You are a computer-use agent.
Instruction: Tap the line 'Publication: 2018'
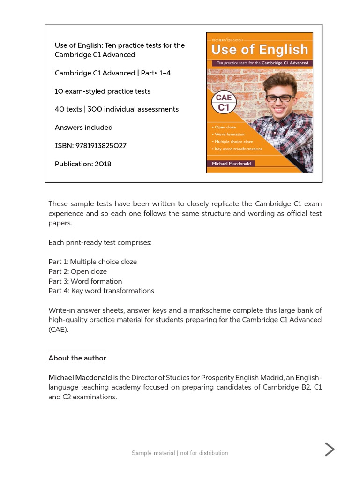tap(83, 164)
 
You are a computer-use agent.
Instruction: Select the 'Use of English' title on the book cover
tap(259, 50)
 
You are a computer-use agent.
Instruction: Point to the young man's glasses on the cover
tap(280, 98)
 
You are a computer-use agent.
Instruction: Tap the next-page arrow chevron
tap(330, 450)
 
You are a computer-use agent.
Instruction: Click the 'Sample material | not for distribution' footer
tap(180, 453)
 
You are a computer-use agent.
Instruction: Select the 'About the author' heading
tap(77, 358)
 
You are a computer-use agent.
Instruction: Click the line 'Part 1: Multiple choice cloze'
tap(93, 262)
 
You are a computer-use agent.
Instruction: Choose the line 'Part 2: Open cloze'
tap(78, 272)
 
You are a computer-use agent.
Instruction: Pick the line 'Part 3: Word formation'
tap(85, 281)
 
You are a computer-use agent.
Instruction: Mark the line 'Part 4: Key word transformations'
tap(101, 291)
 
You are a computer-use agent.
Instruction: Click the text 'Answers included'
tap(84, 127)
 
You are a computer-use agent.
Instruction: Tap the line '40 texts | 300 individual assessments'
tap(117, 109)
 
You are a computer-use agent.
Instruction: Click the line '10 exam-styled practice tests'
tap(103, 91)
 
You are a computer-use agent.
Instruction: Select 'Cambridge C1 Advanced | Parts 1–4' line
tap(112, 73)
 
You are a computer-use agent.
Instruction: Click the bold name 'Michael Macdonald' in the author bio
tap(80, 378)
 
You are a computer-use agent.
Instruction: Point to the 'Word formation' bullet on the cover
tap(229, 135)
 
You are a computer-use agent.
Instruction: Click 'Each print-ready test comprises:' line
tap(100, 243)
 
